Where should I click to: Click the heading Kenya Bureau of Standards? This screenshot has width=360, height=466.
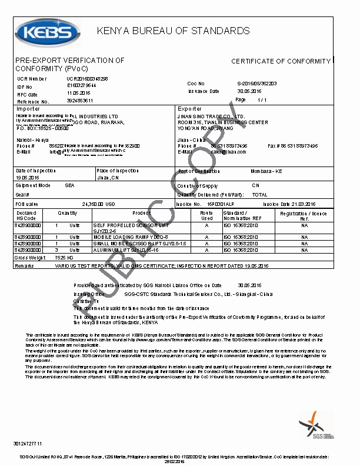(173, 31)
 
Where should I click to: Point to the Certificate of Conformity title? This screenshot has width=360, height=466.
(281, 61)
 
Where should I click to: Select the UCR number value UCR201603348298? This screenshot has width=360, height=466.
(87, 78)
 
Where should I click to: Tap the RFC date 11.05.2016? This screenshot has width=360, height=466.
(78, 93)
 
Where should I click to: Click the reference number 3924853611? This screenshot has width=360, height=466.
(80, 101)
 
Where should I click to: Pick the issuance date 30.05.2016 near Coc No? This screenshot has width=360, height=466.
(249, 91)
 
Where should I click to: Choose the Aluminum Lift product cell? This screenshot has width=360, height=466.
(124, 250)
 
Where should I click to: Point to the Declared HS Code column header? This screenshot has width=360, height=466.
(26, 215)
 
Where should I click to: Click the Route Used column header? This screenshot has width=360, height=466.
(206, 215)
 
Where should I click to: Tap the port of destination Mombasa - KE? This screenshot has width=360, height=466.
(266, 171)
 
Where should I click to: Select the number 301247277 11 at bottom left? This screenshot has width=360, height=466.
(28, 442)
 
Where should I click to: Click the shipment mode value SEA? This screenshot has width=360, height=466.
(69, 185)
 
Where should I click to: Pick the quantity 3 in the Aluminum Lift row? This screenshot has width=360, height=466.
(56, 250)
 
